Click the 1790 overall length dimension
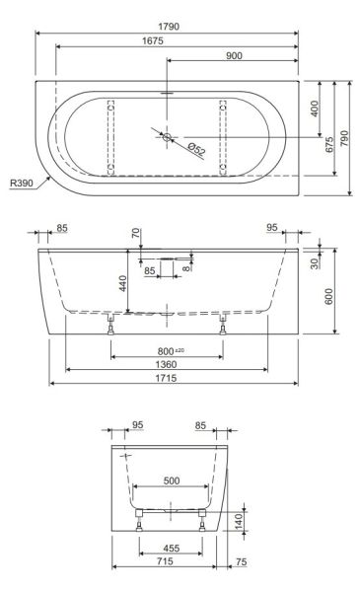(169, 27)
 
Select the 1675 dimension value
(153, 40)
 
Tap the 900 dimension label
(234, 56)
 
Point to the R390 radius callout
(22, 184)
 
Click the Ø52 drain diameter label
(196, 149)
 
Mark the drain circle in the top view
(167, 137)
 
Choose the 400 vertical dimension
(314, 109)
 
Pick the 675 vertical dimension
(329, 145)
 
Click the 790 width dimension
(344, 138)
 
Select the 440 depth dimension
(122, 283)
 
